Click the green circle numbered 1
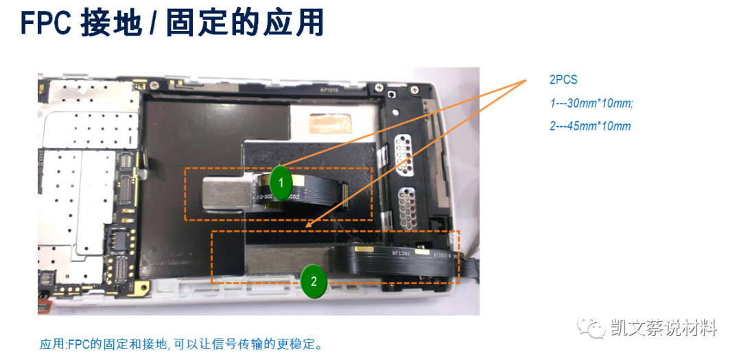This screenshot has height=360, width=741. [x=281, y=181]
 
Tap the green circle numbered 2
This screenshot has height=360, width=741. [x=314, y=281]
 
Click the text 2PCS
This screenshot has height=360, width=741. [x=563, y=80]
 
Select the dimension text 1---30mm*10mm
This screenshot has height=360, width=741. [x=591, y=103]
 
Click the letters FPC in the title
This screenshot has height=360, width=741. [x=46, y=23]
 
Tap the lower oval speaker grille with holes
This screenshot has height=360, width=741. [x=406, y=206]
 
